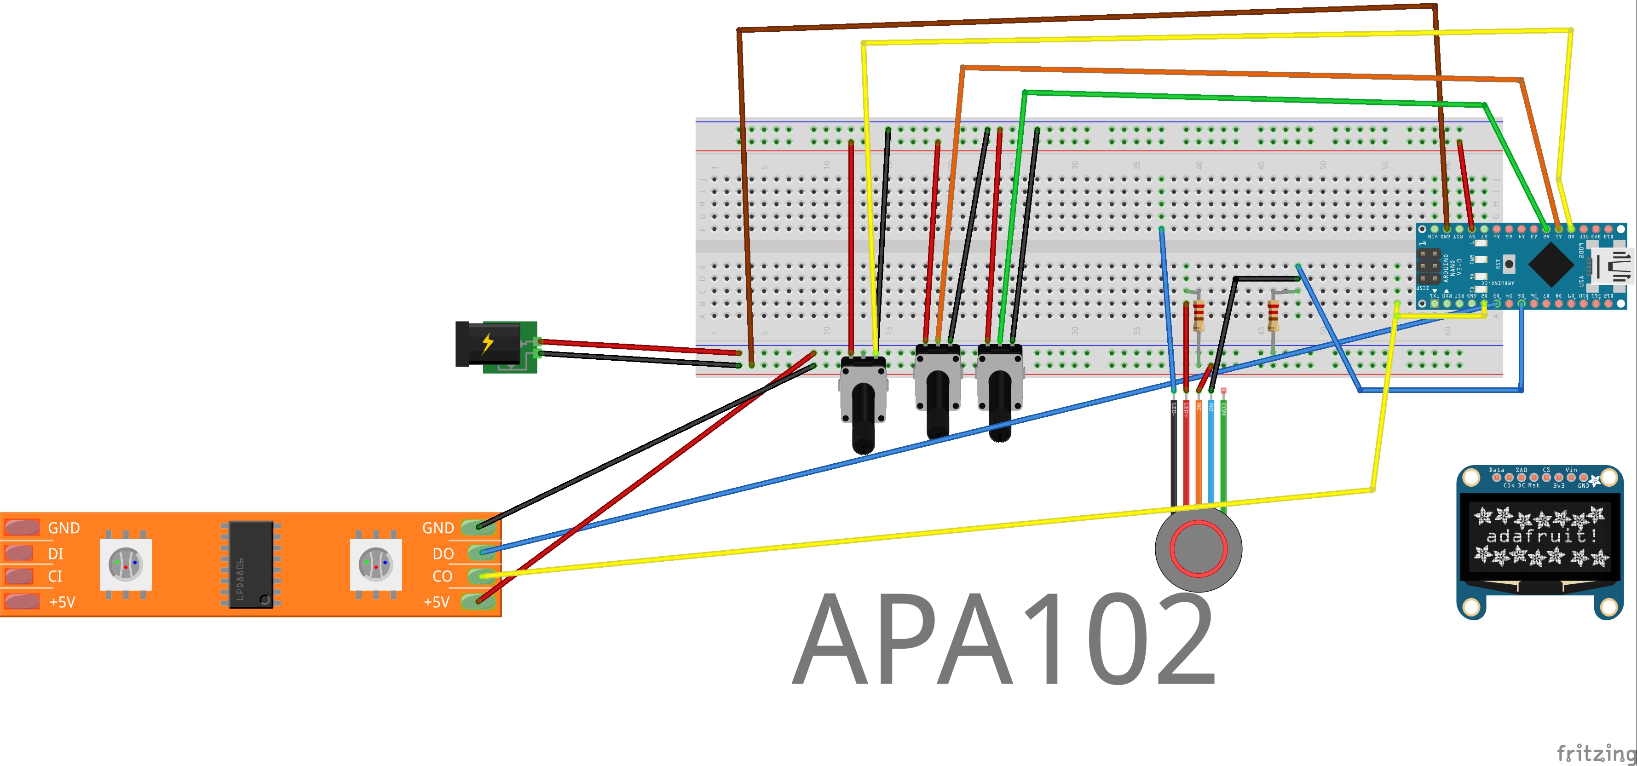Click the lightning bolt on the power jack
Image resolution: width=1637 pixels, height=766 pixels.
click(487, 343)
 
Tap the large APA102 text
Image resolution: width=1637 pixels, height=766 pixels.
click(1004, 639)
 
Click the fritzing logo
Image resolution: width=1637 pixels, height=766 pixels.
click(1596, 753)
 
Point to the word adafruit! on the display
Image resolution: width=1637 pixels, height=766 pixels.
click(1541, 536)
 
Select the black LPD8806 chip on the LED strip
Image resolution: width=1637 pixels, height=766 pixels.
click(251, 564)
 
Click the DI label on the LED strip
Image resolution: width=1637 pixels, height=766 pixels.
click(56, 553)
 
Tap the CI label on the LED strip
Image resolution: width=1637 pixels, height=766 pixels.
click(55, 576)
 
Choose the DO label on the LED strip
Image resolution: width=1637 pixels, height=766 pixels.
click(443, 553)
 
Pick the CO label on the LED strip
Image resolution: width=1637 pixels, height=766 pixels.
click(442, 576)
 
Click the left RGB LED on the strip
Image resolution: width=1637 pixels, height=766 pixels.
click(126, 564)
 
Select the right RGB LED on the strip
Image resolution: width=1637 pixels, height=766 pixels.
click(375, 564)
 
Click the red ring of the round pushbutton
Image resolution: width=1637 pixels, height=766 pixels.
click(1199, 548)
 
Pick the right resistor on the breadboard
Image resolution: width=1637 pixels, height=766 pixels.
click(1273, 315)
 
